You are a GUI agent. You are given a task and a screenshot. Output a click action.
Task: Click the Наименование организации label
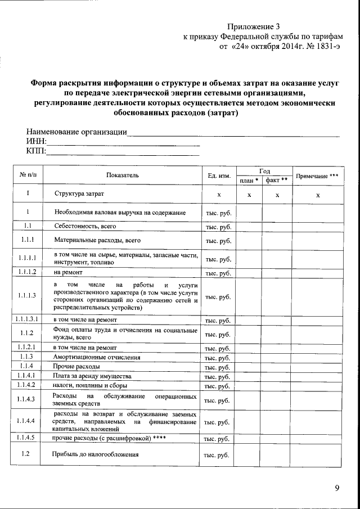[x=76, y=132]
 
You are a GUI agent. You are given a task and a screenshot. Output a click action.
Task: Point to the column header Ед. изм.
[x=219, y=175]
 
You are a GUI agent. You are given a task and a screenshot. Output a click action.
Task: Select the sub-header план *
[x=248, y=181]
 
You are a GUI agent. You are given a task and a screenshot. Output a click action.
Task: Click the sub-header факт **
[x=277, y=181]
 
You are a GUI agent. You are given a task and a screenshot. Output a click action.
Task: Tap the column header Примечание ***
[x=318, y=175]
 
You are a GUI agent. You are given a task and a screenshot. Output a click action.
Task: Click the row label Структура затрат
[x=79, y=193]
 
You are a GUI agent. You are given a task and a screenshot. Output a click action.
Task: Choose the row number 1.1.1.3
[x=27, y=296]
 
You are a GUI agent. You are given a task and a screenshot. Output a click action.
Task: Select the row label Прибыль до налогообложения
[x=95, y=454]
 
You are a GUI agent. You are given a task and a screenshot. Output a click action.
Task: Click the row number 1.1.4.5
[x=26, y=437]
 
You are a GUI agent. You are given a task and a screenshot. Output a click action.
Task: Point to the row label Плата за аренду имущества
[x=92, y=376]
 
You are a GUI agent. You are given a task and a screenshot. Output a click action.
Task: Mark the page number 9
[x=336, y=488]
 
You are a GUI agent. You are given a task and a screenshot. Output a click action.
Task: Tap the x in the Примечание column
[x=318, y=195]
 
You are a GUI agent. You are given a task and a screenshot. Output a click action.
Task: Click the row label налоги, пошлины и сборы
[x=90, y=385]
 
